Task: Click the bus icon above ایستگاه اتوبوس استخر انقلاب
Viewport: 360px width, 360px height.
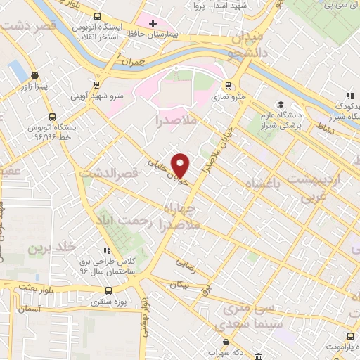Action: (x=96, y=17)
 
